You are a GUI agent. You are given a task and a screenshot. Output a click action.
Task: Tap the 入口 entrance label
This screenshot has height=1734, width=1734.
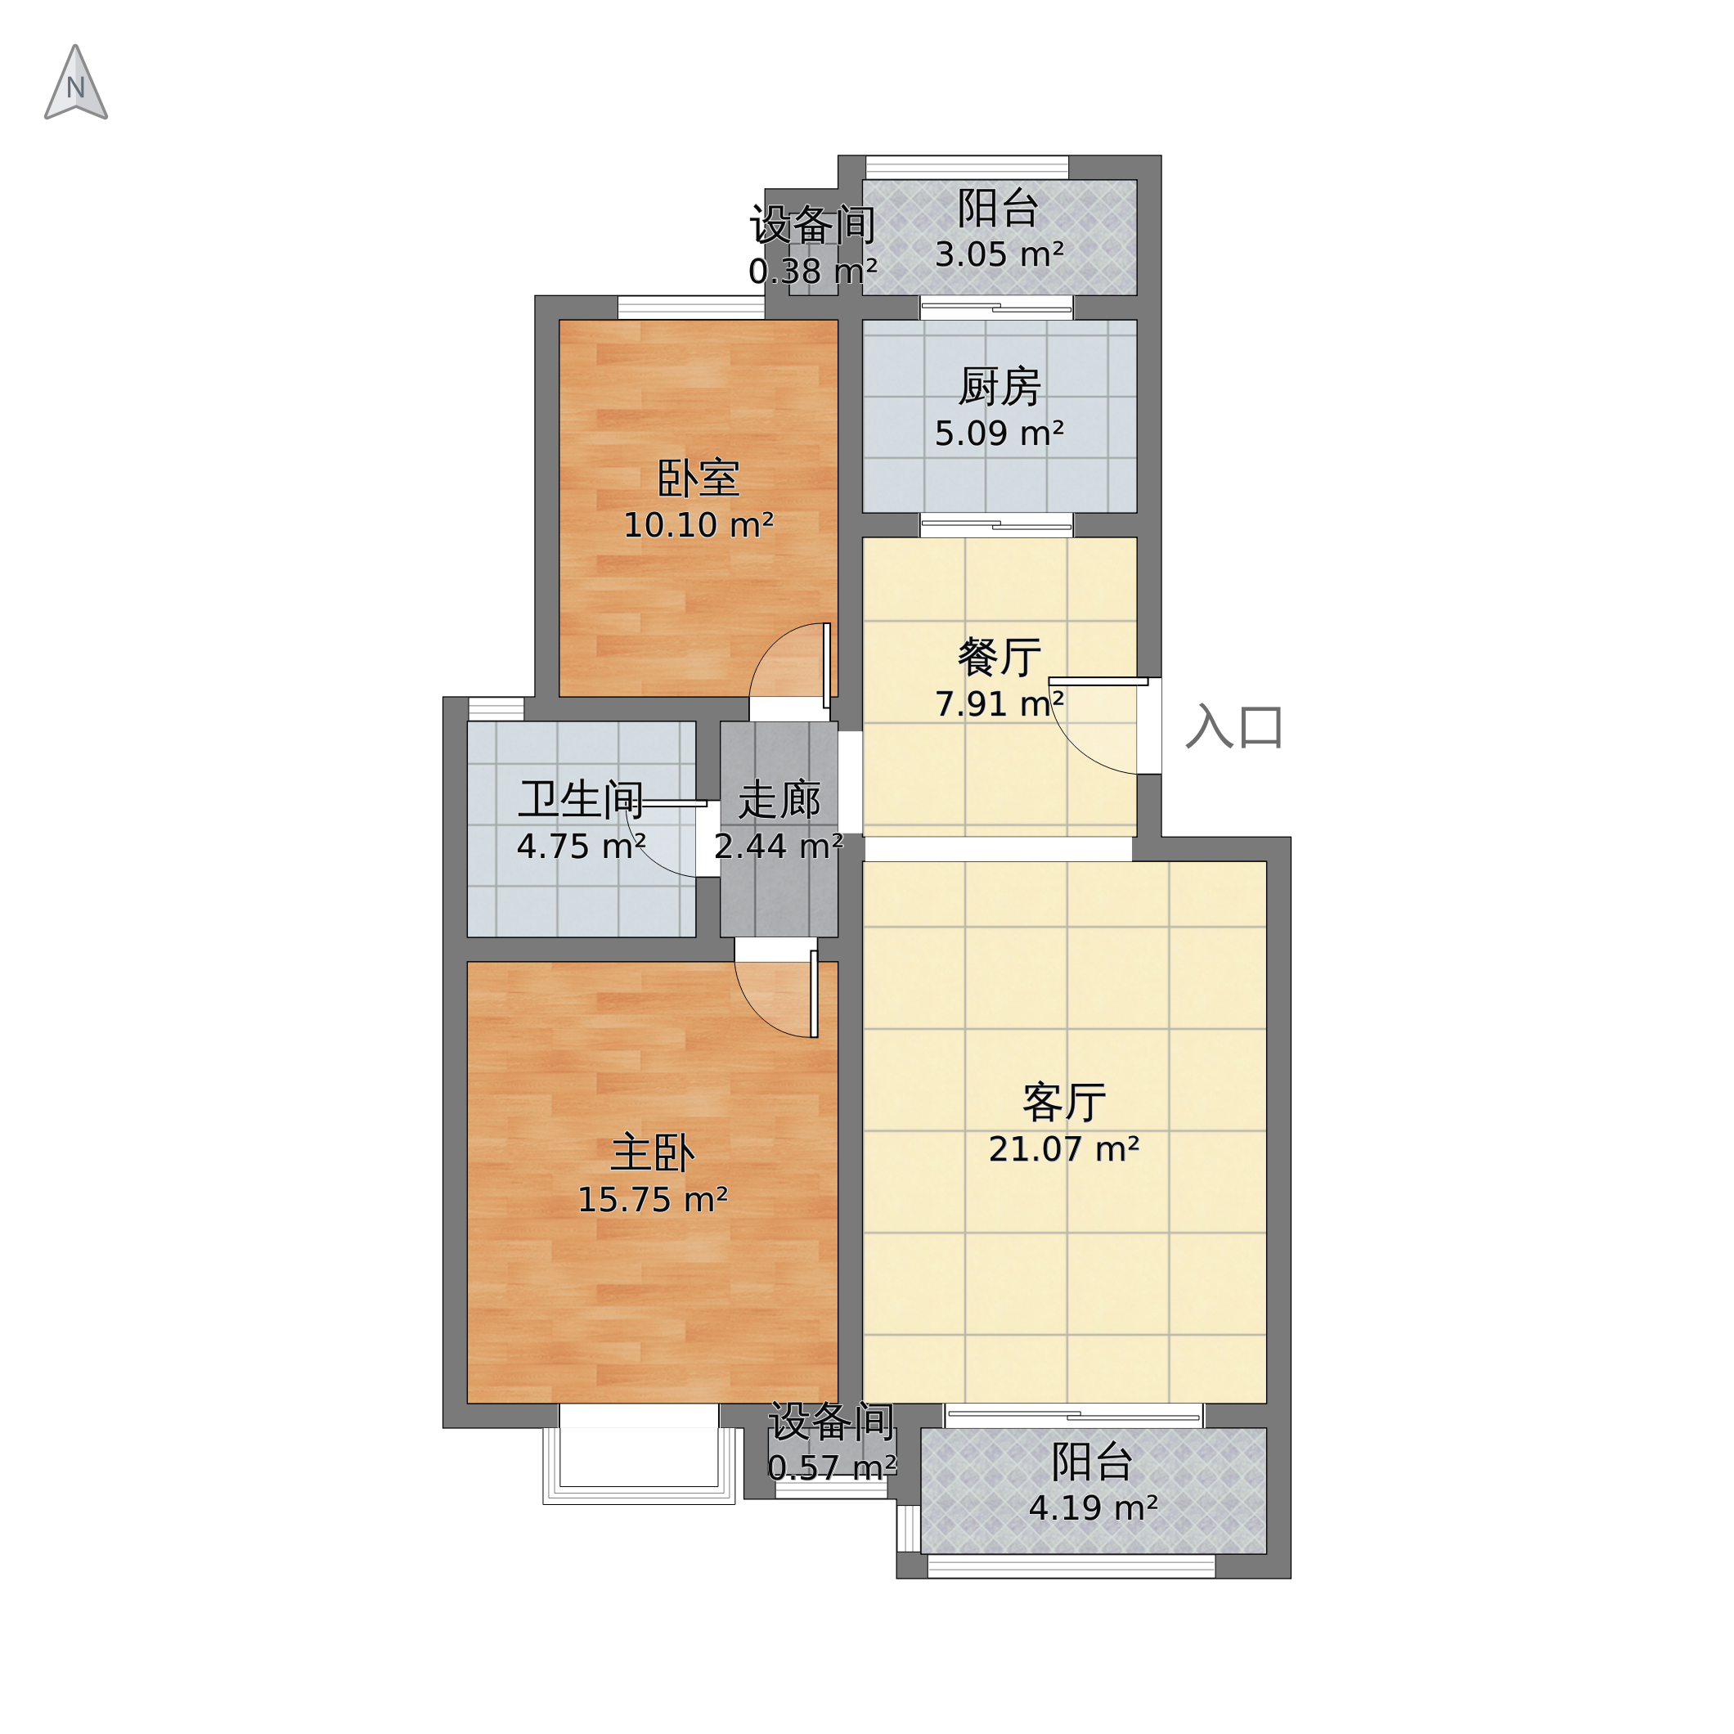coord(1234,727)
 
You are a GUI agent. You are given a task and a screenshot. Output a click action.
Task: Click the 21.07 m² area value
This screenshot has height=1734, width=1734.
coord(1063,1150)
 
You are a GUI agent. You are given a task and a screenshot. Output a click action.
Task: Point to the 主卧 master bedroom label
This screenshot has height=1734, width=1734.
coord(653,1153)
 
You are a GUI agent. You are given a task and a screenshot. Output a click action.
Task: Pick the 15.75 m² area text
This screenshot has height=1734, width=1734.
coord(653,1200)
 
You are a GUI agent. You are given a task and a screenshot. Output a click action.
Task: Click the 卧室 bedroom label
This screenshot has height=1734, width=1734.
coord(699,478)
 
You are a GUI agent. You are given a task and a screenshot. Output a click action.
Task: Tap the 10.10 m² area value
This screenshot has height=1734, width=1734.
coord(699,525)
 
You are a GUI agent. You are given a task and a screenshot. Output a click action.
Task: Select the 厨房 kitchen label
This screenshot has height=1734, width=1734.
coord(999,387)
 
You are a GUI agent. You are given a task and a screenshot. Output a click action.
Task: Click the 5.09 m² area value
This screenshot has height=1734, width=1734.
coord(999,433)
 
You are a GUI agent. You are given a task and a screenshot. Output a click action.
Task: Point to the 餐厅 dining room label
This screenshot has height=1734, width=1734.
coord(999,657)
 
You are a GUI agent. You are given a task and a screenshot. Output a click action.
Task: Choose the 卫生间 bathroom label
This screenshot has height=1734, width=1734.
coord(581,800)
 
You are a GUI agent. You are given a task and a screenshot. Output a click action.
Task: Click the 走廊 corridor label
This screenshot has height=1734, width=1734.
coord(779,800)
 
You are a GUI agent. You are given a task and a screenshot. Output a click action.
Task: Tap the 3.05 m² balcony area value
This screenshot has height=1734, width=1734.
coord(999,255)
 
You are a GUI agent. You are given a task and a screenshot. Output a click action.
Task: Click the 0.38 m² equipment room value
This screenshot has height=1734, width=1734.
coord(812,271)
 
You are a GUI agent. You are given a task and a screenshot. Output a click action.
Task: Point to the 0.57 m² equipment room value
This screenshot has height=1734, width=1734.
coord(832,1467)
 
